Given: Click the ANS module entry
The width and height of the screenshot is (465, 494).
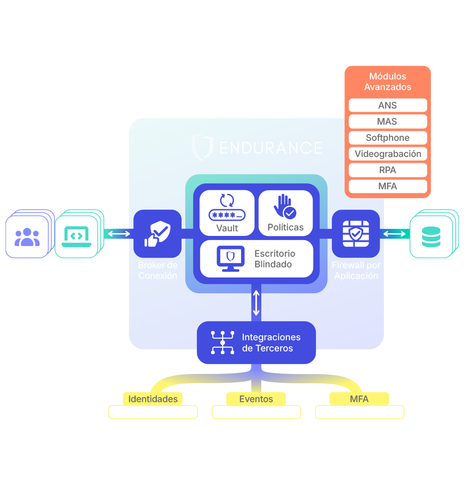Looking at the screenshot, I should pos(388,105).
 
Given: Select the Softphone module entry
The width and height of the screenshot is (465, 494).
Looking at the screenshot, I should pos(388,138).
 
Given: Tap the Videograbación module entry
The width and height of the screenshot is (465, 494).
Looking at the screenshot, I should pos(388,154).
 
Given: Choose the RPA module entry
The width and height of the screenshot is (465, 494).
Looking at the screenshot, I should pos(388,170).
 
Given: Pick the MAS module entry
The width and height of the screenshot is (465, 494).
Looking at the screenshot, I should pos(388,121).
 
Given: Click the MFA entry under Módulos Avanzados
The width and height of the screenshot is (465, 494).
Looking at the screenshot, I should pos(388,186).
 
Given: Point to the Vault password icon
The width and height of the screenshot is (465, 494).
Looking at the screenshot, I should pos(227,207).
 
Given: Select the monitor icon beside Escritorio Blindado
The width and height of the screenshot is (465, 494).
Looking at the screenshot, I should pos(230,259).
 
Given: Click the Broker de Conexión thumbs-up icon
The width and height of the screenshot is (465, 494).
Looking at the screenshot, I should pos(158,234).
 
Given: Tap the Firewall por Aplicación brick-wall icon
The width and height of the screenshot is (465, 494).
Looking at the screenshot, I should pos(355,234).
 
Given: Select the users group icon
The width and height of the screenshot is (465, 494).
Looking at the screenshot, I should pos(27,237).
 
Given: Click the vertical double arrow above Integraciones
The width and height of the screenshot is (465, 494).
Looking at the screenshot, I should pos(256,302).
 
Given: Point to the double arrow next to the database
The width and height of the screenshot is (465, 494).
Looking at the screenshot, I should pos(394,234).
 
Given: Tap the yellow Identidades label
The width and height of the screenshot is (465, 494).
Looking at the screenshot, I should pos(153,399).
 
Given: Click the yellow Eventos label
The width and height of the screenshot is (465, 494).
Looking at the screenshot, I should pos(256,399).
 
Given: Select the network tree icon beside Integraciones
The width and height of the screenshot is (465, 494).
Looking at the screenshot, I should pos(223,343).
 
